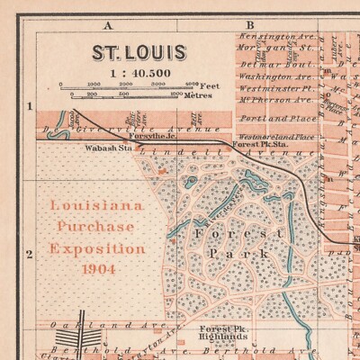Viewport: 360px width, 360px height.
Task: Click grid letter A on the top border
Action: pos(108,25)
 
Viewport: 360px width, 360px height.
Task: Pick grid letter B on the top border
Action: pos(250,25)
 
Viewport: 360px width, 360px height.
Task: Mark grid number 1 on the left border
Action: pos(29,106)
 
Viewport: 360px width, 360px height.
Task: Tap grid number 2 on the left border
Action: pos(29,254)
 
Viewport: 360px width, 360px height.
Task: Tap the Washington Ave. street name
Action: pos(274,77)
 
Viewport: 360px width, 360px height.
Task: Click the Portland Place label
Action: pos(280,118)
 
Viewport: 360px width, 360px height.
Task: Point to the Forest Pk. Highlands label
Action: pos(225,334)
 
